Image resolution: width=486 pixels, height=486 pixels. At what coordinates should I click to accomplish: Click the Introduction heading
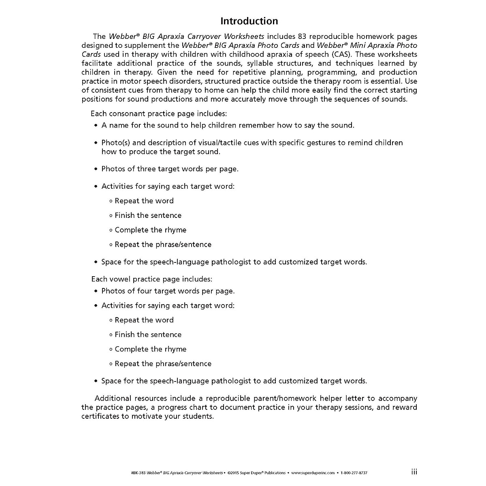[x=249, y=21]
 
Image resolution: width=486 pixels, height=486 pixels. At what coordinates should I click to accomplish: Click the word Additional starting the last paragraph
[x=113, y=398]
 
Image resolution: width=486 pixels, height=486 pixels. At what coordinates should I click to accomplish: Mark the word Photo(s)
[x=116, y=143]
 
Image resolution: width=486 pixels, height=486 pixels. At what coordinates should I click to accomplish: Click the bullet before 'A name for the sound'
[x=96, y=126]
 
